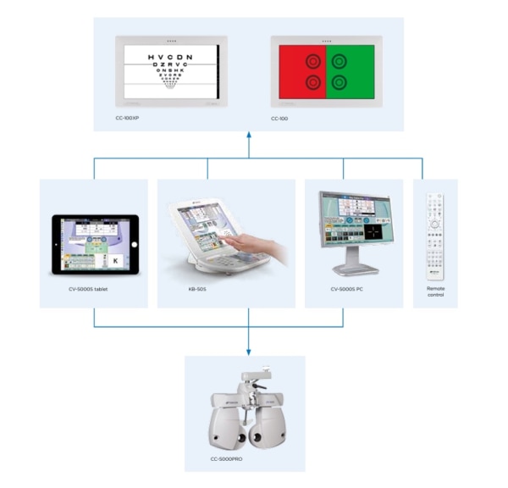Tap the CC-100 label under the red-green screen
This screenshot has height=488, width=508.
280,119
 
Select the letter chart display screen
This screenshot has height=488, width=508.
171,71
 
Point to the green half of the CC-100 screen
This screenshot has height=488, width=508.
351,71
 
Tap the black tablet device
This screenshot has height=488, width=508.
94,244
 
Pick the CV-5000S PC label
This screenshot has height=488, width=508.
344,290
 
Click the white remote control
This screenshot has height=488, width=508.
435,233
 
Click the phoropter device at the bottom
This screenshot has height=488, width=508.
246,411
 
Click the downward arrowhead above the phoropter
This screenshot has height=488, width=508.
250,351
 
